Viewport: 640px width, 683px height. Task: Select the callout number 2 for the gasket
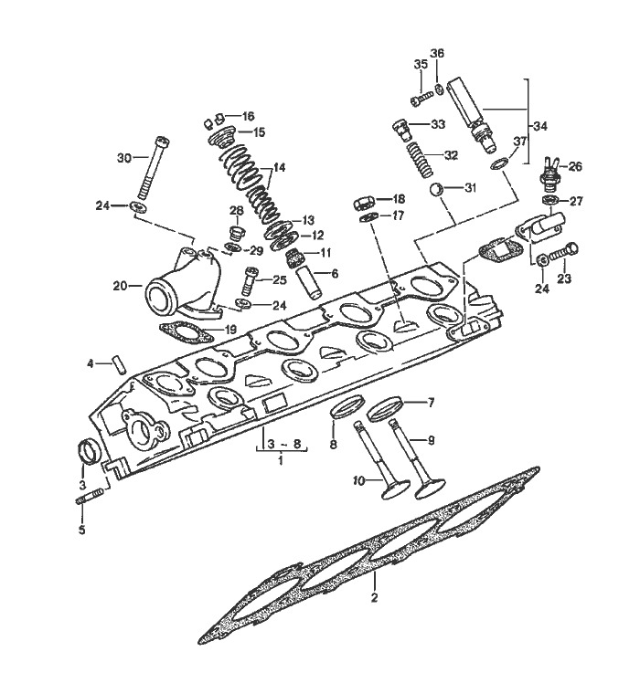tap(374, 599)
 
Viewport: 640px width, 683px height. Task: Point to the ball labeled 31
tap(438, 189)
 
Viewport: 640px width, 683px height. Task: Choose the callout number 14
tap(279, 168)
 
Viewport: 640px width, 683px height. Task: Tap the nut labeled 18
tap(362, 200)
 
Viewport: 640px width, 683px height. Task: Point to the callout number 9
tap(431, 439)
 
